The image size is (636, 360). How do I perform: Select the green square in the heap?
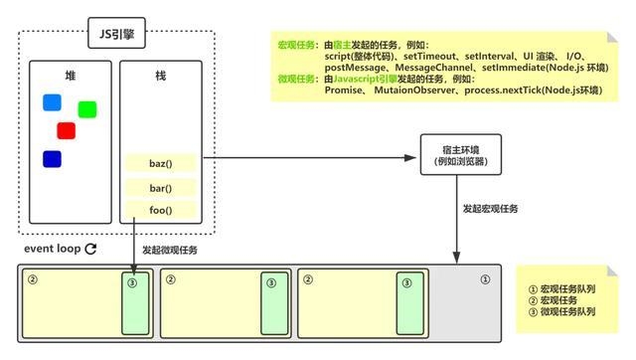[x=86, y=109]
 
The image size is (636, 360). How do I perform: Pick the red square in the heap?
[x=67, y=130]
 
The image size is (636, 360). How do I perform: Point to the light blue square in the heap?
[x=52, y=102]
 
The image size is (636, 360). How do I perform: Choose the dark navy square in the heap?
[x=52, y=158]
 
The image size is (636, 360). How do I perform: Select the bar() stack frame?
[x=161, y=187]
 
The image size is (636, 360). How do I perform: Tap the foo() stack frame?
[x=161, y=210]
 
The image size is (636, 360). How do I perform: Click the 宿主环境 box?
[x=455, y=155]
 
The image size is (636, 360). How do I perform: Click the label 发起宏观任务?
[x=489, y=210]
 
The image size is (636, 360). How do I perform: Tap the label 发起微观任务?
[x=170, y=250]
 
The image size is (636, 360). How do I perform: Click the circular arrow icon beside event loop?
[x=90, y=249]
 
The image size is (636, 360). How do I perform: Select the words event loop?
[x=52, y=249]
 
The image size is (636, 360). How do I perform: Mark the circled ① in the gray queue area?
[x=485, y=279]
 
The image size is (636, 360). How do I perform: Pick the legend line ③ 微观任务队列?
[x=566, y=312]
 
